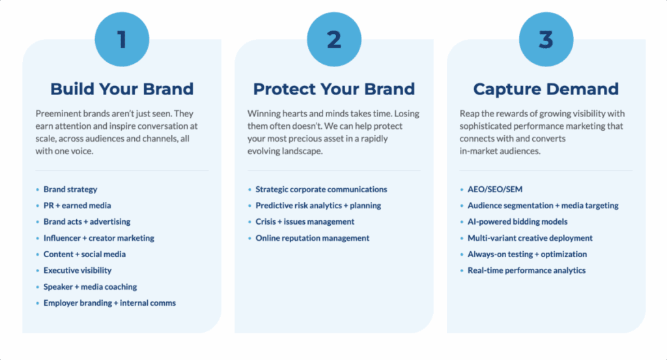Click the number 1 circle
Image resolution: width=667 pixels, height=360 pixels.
point(122,39)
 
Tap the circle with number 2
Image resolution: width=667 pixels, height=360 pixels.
point(334,39)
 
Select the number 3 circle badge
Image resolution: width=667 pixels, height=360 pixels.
point(546,39)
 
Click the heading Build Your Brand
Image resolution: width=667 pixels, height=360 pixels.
point(122,89)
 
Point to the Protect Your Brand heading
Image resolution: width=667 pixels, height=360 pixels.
point(334,89)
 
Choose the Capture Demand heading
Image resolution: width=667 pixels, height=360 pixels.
point(546,89)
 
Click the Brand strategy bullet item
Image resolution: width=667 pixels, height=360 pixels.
point(70,189)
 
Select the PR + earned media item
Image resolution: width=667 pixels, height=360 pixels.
point(77,205)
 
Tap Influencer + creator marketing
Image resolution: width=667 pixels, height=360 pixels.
point(99,238)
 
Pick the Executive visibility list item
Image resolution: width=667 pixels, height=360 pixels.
point(78,270)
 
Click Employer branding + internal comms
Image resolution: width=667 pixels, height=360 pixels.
point(109,303)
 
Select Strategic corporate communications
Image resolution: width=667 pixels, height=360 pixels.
point(321,189)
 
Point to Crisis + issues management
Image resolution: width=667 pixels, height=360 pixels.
point(305,221)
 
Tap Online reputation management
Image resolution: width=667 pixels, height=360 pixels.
point(312,238)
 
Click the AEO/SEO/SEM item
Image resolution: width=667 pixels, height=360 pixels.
point(495,189)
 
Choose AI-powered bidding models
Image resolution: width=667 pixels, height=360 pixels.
point(517,221)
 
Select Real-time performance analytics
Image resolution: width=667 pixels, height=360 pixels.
point(526,270)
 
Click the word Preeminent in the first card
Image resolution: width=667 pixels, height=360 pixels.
point(58,113)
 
